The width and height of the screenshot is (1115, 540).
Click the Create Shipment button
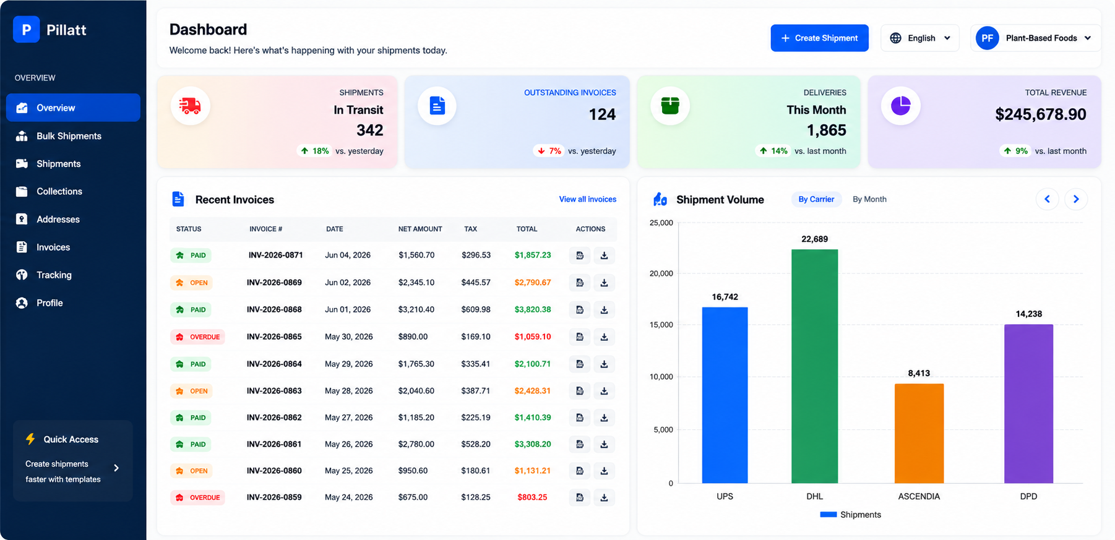(819, 38)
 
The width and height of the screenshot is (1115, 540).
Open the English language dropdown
(919, 38)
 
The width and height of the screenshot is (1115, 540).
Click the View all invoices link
(587, 199)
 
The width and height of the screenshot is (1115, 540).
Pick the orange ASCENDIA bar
(919, 433)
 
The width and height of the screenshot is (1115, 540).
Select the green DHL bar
(814, 366)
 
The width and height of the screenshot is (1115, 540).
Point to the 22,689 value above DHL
(814, 239)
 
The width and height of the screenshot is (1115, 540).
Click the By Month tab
(869, 199)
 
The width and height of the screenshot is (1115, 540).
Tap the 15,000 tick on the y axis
(661, 325)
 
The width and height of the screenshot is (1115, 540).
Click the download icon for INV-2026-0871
(604, 255)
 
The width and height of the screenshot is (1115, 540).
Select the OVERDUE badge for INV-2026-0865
(197, 337)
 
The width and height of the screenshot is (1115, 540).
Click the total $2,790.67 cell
(532, 283)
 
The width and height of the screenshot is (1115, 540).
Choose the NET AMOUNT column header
(420, 229)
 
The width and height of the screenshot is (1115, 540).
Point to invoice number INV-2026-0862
(274, 418)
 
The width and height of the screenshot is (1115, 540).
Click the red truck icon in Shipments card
(190, 106)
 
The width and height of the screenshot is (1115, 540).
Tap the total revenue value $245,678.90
(1040, 114)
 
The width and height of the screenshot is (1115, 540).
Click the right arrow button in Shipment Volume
(1075, 199)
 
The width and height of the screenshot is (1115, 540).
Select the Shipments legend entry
(850, 515)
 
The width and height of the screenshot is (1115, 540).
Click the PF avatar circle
(987, 38)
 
